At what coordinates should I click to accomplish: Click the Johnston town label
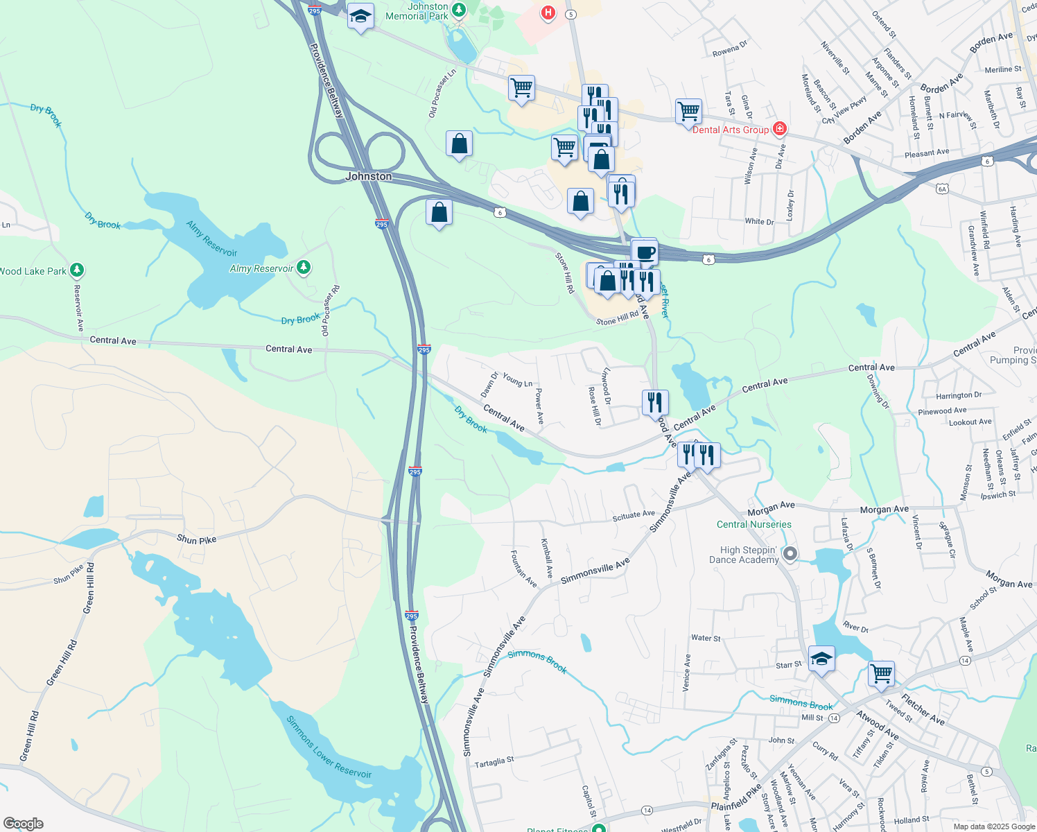368,177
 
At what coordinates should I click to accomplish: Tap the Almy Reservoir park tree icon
303,267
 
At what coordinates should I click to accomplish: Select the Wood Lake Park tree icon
77,270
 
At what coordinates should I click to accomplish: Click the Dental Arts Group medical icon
780,129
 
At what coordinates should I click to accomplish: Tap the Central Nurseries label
753,525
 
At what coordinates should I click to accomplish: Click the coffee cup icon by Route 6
645,252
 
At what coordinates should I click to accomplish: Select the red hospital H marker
548,12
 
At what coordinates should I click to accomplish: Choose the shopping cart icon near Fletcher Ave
881,673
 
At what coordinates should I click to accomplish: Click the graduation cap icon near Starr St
821,658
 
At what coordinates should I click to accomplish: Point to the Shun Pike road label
196,539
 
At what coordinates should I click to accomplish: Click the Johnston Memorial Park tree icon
458,10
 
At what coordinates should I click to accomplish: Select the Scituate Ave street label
634,515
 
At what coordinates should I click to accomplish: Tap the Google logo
23,823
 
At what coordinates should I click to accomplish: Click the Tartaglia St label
494,761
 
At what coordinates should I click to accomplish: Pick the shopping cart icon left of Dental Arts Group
688,110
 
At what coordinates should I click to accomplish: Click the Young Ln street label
518,380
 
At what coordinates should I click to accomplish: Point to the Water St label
706,638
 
